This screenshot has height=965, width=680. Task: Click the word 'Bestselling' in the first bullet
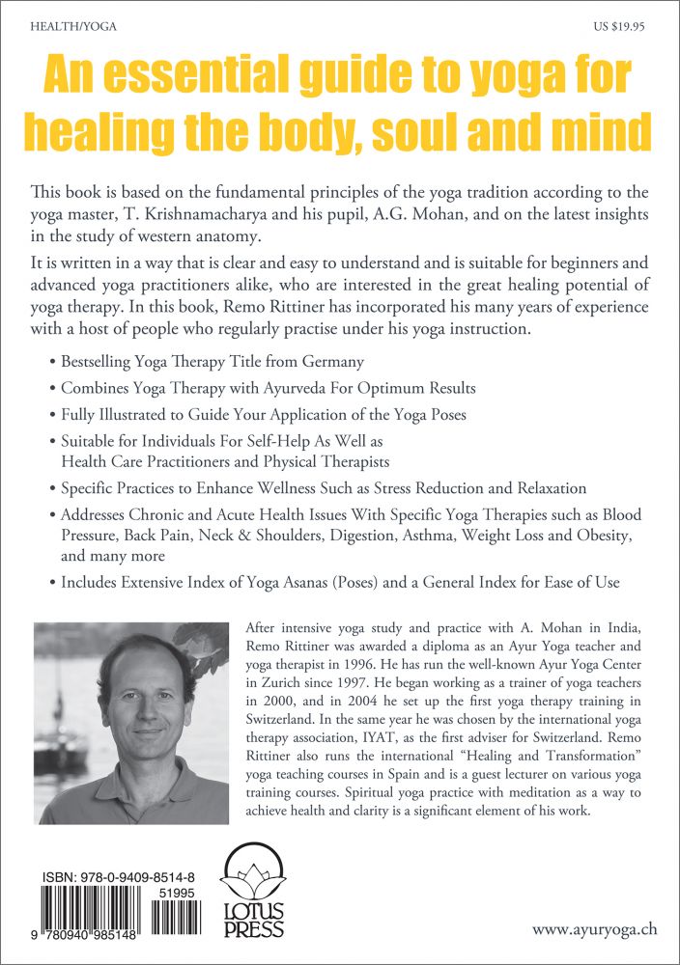[x=102, y=363]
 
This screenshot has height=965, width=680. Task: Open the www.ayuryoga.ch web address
[x=595, y=930]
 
